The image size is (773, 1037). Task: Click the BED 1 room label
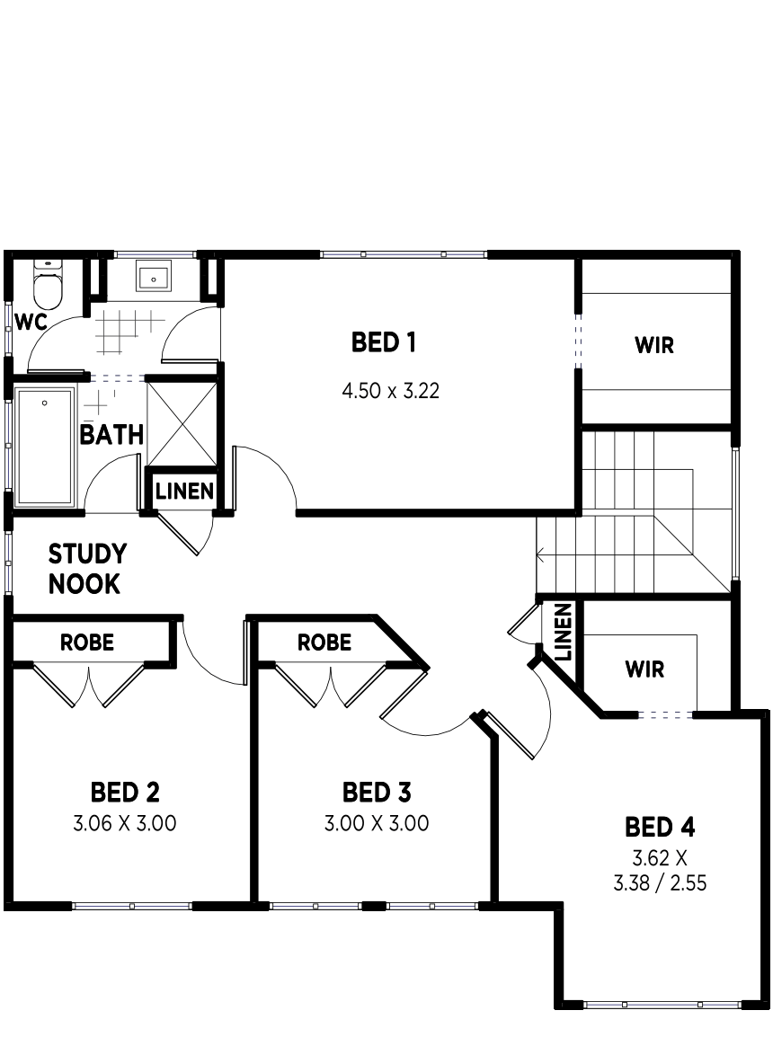click(x=384, y=342)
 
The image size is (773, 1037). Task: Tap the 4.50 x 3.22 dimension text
click(x=390, y=391)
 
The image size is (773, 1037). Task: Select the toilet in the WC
click(x=48, y=285)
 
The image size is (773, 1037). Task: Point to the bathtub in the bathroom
click(x=44, y=448)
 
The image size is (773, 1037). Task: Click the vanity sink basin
click(x=154, y=276)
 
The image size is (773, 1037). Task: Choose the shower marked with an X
click(x=182, y=424)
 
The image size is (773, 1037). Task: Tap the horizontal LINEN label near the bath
click(x=184, y=492)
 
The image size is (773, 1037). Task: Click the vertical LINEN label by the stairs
click(x=563, y=633)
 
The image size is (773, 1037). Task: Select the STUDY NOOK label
click(x=87, y=569)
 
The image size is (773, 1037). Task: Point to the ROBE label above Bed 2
click(x=86, y=643)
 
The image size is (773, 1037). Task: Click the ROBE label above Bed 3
click(x=324, y=643)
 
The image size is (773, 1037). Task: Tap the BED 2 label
click(x=125, y=792)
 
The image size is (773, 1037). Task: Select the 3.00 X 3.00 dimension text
click(x=377, y=823)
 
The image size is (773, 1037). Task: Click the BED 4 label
click(x=660, y=827)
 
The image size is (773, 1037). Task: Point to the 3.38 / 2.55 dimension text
click(x=660, y=883)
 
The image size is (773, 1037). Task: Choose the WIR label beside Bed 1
click(x=654, y=345)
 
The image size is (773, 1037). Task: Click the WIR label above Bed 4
click(x=644, y=669)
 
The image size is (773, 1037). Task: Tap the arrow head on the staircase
click(x=539, y=554)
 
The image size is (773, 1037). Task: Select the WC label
click(x=31, y=323)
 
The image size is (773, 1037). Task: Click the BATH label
click(x=111, y=435)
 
